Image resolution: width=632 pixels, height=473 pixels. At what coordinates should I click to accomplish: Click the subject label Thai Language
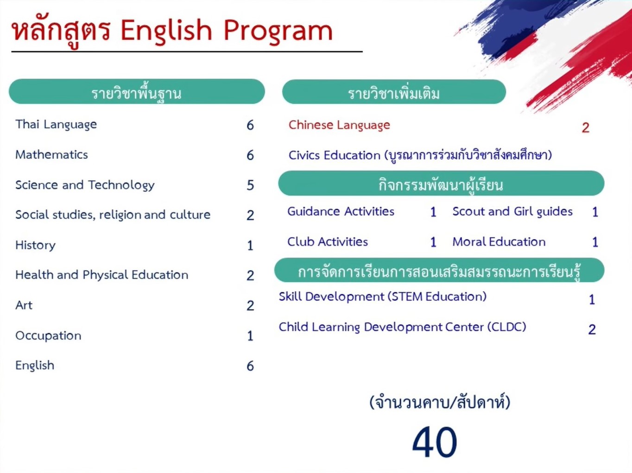(56, 125)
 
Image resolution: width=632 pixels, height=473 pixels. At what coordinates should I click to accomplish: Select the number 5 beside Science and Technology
(250, 185)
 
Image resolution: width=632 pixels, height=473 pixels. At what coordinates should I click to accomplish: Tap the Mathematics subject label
(51, 155)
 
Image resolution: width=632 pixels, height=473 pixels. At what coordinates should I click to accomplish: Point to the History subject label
(35, 245)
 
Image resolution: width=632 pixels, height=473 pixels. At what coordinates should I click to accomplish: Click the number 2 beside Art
(250, 306)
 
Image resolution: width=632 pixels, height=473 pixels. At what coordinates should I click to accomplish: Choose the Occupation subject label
(48, 336)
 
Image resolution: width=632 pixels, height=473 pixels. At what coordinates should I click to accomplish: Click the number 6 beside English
(250, 366)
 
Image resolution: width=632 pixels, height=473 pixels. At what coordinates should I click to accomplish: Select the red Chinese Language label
(339, 125)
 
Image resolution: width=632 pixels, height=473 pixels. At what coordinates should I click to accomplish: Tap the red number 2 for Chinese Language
(586, 128)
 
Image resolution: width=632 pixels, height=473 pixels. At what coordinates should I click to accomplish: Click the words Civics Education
(334, 155)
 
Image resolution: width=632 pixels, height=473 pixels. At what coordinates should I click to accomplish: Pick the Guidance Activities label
(341, 212)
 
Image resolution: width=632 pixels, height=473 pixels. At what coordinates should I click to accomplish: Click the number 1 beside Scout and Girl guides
(595, 212)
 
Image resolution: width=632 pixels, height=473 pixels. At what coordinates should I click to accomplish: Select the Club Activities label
(328, 242)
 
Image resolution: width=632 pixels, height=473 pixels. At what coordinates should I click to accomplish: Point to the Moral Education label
(499, 242)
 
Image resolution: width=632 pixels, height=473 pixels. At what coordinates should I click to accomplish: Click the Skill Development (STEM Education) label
(382, 297)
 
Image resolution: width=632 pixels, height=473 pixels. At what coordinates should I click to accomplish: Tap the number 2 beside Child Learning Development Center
(592, 329)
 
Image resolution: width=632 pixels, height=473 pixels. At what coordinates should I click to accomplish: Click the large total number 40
(435, 442)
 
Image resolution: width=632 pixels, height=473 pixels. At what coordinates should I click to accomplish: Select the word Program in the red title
(278, 31)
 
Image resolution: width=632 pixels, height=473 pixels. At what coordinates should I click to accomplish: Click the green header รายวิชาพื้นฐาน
(137, 92)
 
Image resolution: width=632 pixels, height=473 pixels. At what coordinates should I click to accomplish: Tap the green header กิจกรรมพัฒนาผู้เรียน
(441, 184)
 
